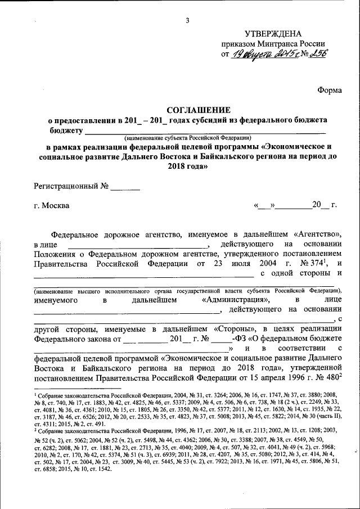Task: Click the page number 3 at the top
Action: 187,21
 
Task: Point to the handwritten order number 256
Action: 317,54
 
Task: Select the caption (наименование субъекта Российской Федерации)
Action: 187,138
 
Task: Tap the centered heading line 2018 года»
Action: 187,166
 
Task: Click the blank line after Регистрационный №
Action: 125,186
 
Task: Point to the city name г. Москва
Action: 52,205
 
